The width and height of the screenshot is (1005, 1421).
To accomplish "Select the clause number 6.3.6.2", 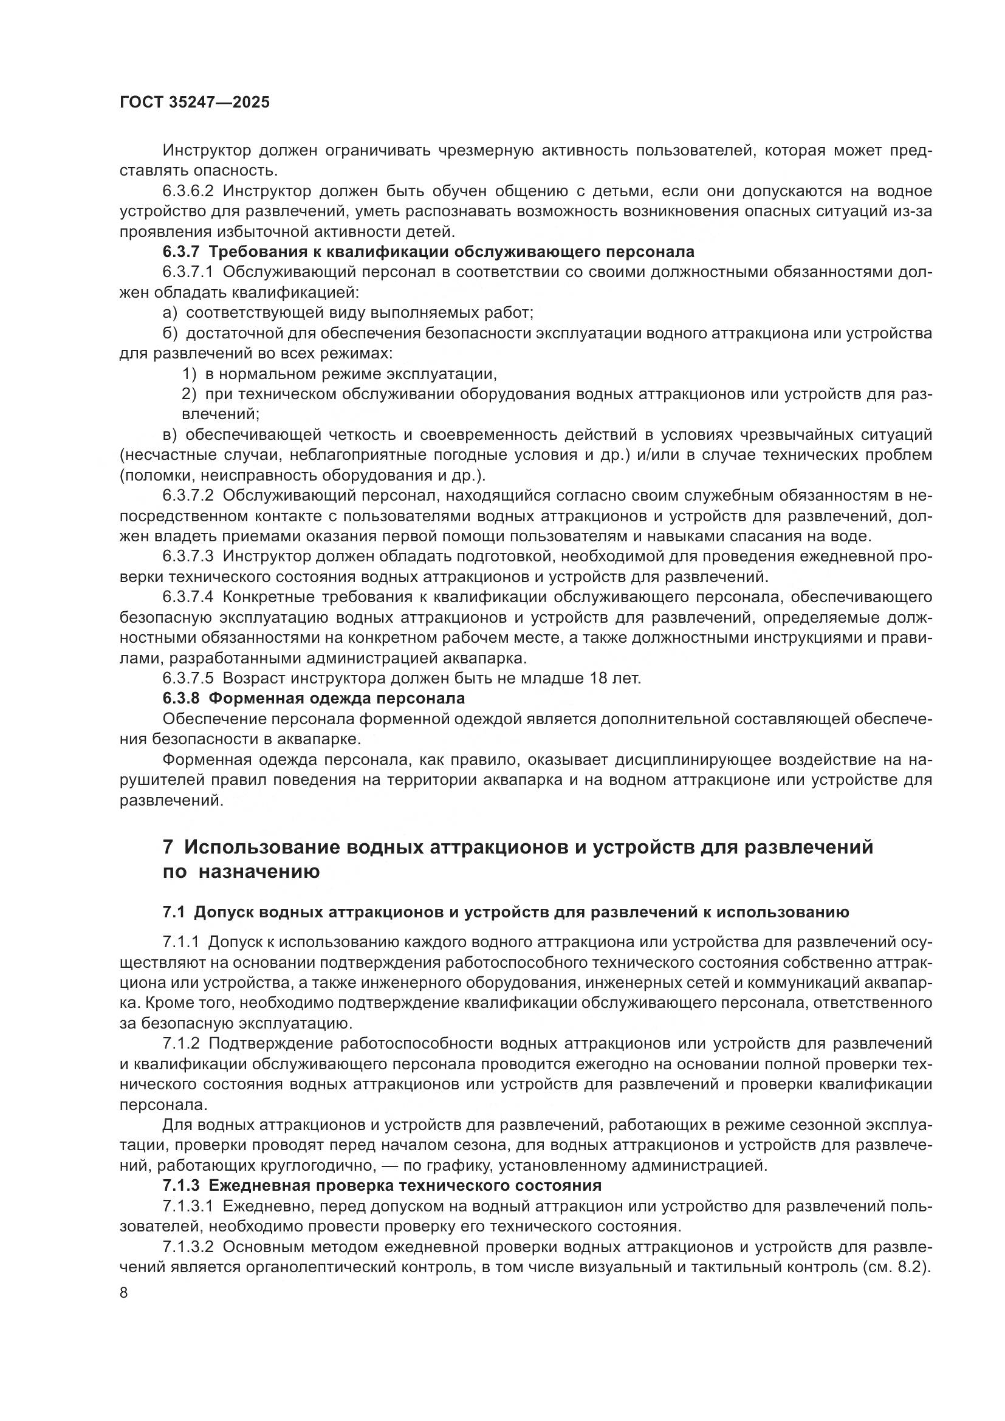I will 188,191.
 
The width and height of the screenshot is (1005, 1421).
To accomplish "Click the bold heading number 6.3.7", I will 181,252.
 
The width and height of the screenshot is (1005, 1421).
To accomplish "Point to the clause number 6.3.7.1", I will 188,272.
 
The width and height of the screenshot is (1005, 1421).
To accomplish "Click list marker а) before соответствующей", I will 170,313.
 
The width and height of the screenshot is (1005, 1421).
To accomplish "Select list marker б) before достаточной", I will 170,334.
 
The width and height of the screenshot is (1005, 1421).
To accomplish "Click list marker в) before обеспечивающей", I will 170,435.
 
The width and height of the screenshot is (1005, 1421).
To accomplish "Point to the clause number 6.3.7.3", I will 188,556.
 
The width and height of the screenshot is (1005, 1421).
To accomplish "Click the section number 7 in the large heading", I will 168,847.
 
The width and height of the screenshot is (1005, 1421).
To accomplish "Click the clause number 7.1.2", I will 181,1044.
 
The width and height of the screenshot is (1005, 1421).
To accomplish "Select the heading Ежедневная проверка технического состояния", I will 405,1186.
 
